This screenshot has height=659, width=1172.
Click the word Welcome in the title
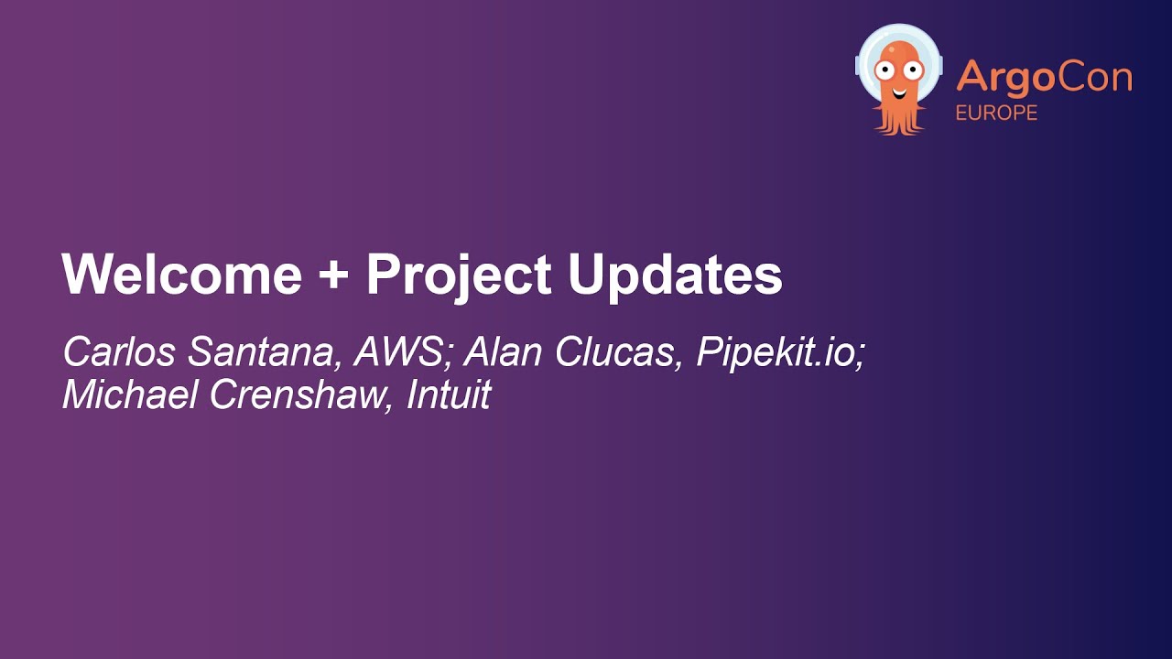coord(181,274)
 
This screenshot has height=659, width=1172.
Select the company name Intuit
coord(449,394)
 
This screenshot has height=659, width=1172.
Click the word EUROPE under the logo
coord(996,113)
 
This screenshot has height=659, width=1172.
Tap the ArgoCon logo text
coord(1044,79)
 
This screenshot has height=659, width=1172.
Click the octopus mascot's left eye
coord(885,68)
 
